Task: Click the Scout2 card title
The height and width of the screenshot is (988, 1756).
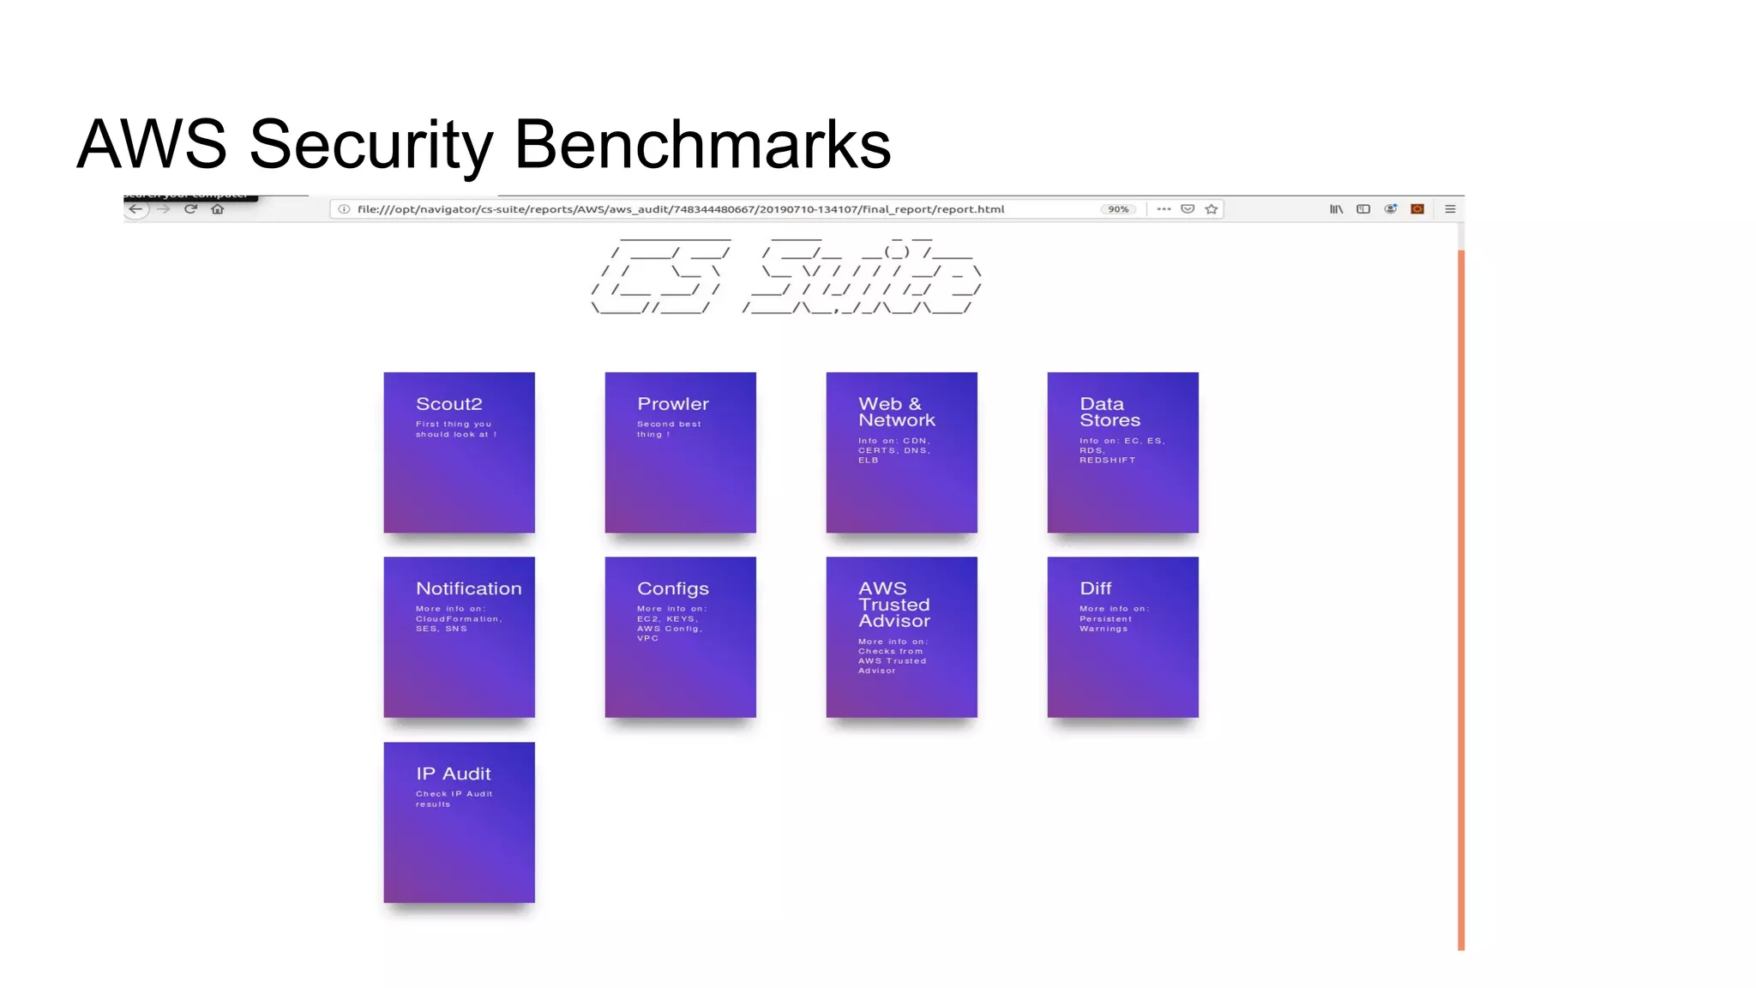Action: tap(448, 404)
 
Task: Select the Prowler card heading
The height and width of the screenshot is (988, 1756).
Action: tap(673, 404)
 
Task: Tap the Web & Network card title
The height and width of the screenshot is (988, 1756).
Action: tap(896, 412)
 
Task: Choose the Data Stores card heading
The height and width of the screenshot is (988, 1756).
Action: tap(1110, 412)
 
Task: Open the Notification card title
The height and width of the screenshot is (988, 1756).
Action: tap(468, 588)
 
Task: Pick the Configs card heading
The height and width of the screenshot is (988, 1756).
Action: tap(673, 588)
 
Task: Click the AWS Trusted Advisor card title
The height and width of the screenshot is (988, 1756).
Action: tap(893, 605)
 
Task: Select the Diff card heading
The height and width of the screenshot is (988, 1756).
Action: tap(1095, 588)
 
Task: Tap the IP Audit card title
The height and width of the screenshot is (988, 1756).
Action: tap(453, 774)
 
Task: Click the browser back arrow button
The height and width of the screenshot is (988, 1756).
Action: tap(135, 209)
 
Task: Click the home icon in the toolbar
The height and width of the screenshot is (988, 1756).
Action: tap(218, 209)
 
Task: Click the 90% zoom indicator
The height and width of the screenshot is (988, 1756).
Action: tap(1118, 209)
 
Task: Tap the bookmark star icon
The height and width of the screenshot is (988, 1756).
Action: tap(1212, 209)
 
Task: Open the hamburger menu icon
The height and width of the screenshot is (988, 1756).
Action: tap(1450, 209)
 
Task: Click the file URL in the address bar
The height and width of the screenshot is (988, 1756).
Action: tap(680, 209)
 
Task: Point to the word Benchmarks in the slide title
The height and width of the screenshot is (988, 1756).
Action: tap(702, 144)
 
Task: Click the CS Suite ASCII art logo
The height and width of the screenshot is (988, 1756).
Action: tap(786, 276)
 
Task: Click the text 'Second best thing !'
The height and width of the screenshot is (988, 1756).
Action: tap(669, 429)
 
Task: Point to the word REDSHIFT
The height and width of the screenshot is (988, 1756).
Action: tap(1107, 461)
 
